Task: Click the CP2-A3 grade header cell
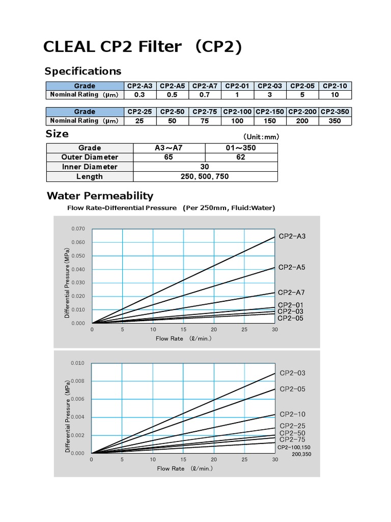click(140, 86)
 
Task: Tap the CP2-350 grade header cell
click(336, 112)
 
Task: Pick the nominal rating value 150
click(270, 121)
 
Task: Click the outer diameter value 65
click(169, 157)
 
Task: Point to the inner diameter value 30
click(205, 167)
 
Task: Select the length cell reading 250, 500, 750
click(205, 176)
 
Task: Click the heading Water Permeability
click(100, 196)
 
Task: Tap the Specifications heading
click(83, 71)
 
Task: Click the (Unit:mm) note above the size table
click(261, 137)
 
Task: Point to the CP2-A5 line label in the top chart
click(292, 267)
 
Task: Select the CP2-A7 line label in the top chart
click(291, 293)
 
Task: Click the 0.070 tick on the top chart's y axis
click(78, 229)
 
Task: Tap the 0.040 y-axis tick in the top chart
click(78, 269)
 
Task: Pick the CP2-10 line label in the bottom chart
click(293, 414)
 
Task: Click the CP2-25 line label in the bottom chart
click(293, 426)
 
